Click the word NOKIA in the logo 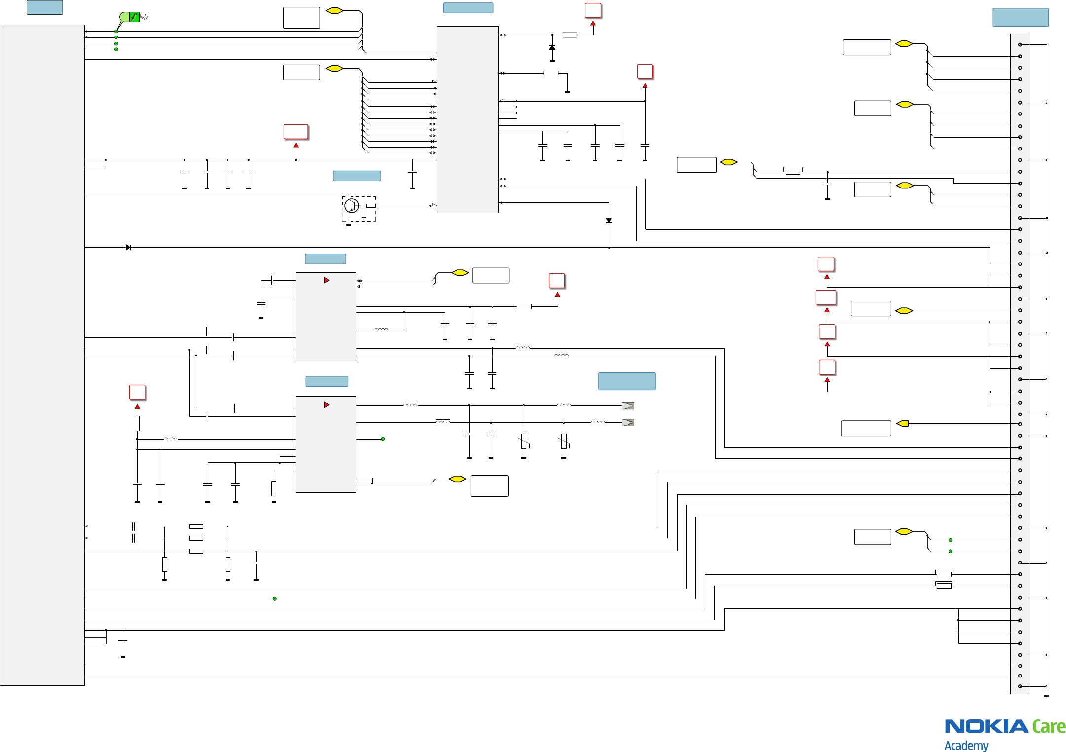[987, 726]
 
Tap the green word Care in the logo [1049, 727]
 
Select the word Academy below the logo [966, 745]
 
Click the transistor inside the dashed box [351, 205]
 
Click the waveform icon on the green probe [144, 17]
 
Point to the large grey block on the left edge [42, 355]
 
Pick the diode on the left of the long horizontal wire [128, 247]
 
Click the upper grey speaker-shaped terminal [628, 406]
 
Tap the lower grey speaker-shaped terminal [628, 423]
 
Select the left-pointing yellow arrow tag [903, 423]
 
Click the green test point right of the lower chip [383, 439]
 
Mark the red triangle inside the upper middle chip [326, 280]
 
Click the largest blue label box [627, 381]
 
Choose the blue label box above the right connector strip [1020, 17]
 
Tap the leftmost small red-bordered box [137, 392]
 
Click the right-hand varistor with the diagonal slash [563, 441]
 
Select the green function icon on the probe [134, 17]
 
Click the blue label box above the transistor [356, 176]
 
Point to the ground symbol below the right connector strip [1046, 695]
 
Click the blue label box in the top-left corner [44, 7]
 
